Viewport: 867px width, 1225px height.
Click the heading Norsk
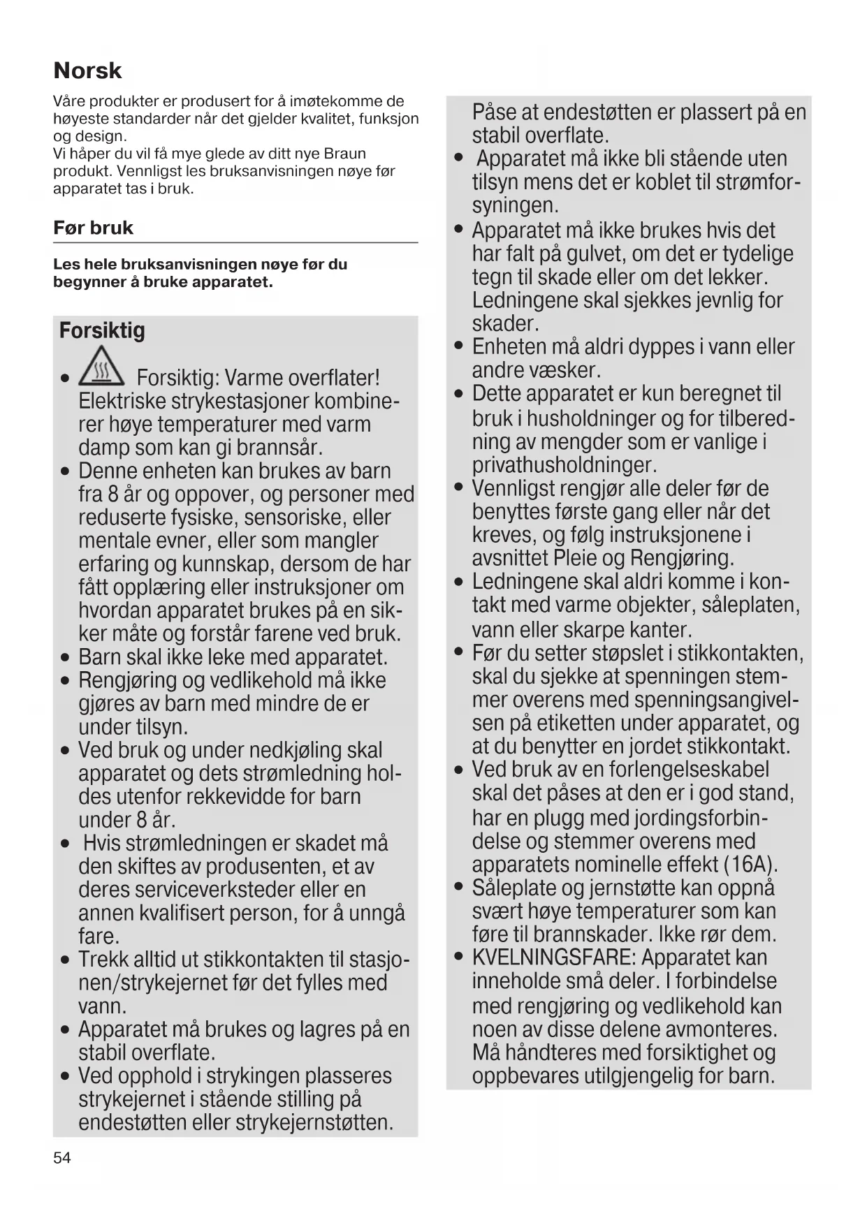tap(87, 71)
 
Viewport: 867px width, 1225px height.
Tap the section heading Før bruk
tap(93, 228)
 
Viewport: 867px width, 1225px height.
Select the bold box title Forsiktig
tap(102, 330)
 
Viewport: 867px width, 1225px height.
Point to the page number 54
tap(62, 1158)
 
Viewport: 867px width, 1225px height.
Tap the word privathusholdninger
tap(564, 465)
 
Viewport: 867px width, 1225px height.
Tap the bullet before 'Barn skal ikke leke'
tap(65, 658)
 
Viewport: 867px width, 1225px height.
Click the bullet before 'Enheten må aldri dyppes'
tap(459, 347)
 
